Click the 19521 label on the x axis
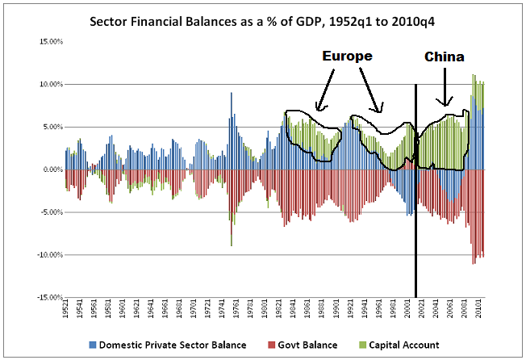67,308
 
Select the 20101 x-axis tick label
479,308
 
